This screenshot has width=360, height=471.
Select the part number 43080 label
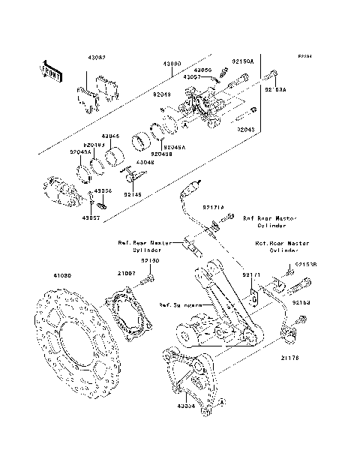click(172, 65)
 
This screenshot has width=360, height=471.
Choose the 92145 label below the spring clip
click(133, 195)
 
